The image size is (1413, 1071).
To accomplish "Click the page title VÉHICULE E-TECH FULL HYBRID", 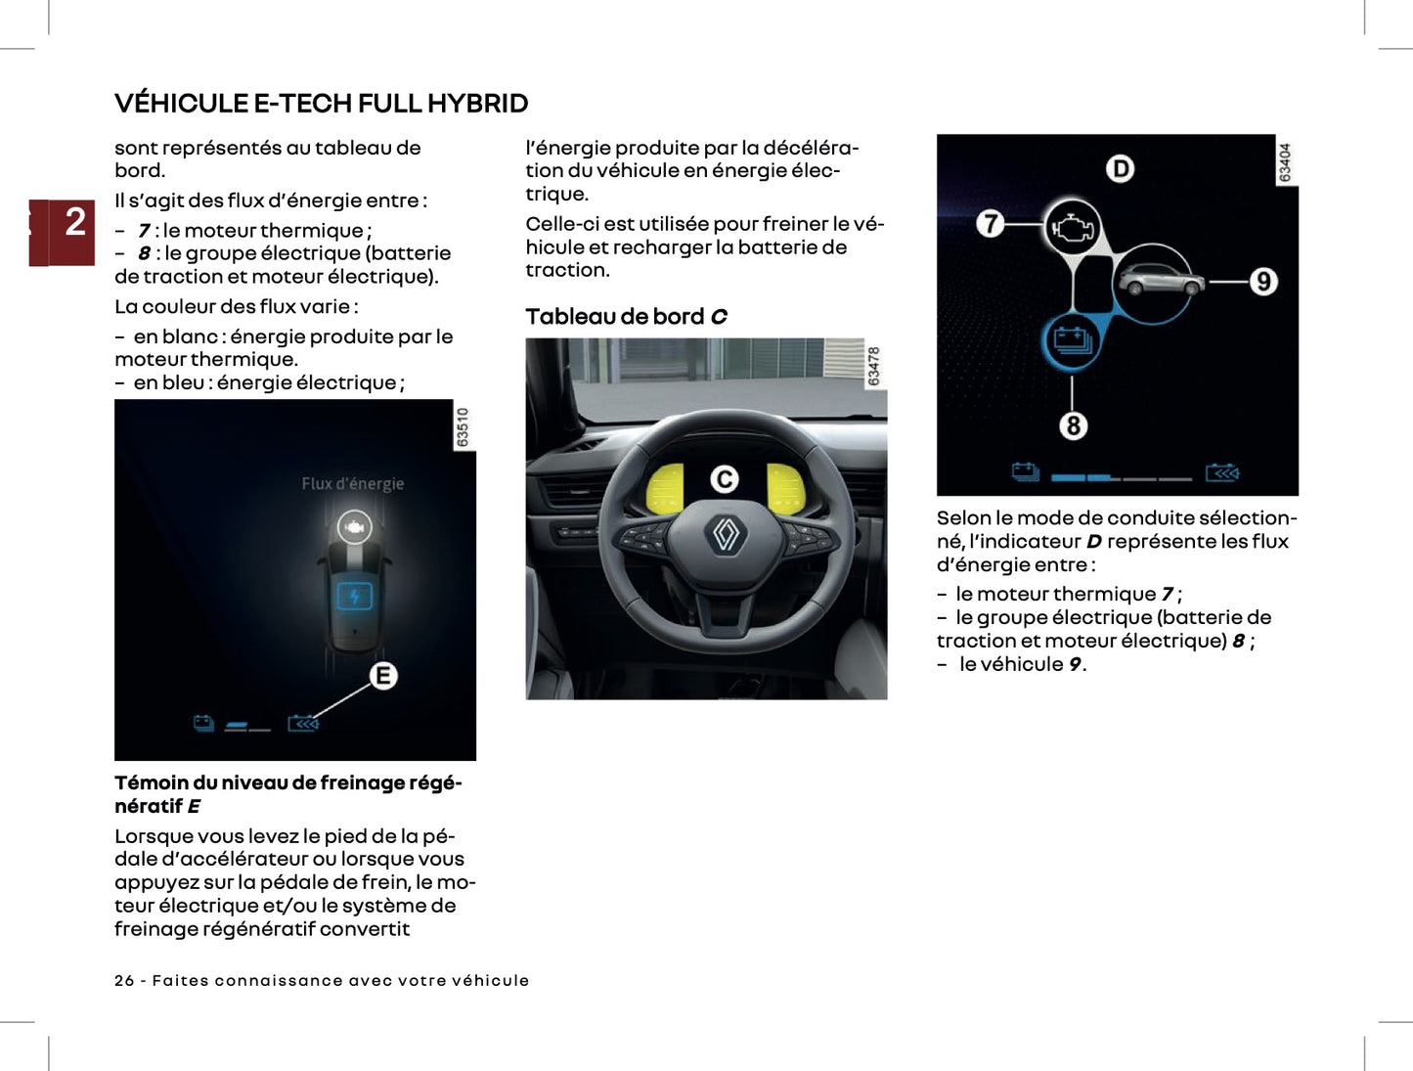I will (x=321, y=103).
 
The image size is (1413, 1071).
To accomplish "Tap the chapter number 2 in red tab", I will (x=74, y=222).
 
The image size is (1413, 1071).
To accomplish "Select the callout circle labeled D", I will (x=1120, y=169).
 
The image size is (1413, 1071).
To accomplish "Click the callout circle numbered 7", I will (x=990, y=224).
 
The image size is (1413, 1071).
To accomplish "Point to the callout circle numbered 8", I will (x=1073, y=425).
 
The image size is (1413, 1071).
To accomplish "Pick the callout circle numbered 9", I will (x=1262, y=282).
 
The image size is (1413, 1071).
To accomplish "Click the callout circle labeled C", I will (x=724, y=479).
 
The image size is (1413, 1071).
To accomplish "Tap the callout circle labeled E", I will (x=383, y=676).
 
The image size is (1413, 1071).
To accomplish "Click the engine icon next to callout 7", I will (x=1072, y=228).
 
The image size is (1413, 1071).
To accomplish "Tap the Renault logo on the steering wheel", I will (x=726, y=534).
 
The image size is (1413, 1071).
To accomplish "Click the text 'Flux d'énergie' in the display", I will (x=352, y=483).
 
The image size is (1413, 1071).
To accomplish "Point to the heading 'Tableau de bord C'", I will (x=626, y=317).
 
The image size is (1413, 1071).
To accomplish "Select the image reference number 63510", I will (x=464, y=427).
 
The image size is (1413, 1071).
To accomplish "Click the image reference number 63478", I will (x=874, y=365).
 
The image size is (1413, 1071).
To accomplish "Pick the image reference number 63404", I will (x=1286, y=161).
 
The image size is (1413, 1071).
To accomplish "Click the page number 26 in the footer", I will (x=124, y=980).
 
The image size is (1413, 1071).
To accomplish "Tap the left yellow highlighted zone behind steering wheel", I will (x=666, y=488).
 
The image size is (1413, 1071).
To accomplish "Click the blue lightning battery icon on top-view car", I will (x=354, y=596).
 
